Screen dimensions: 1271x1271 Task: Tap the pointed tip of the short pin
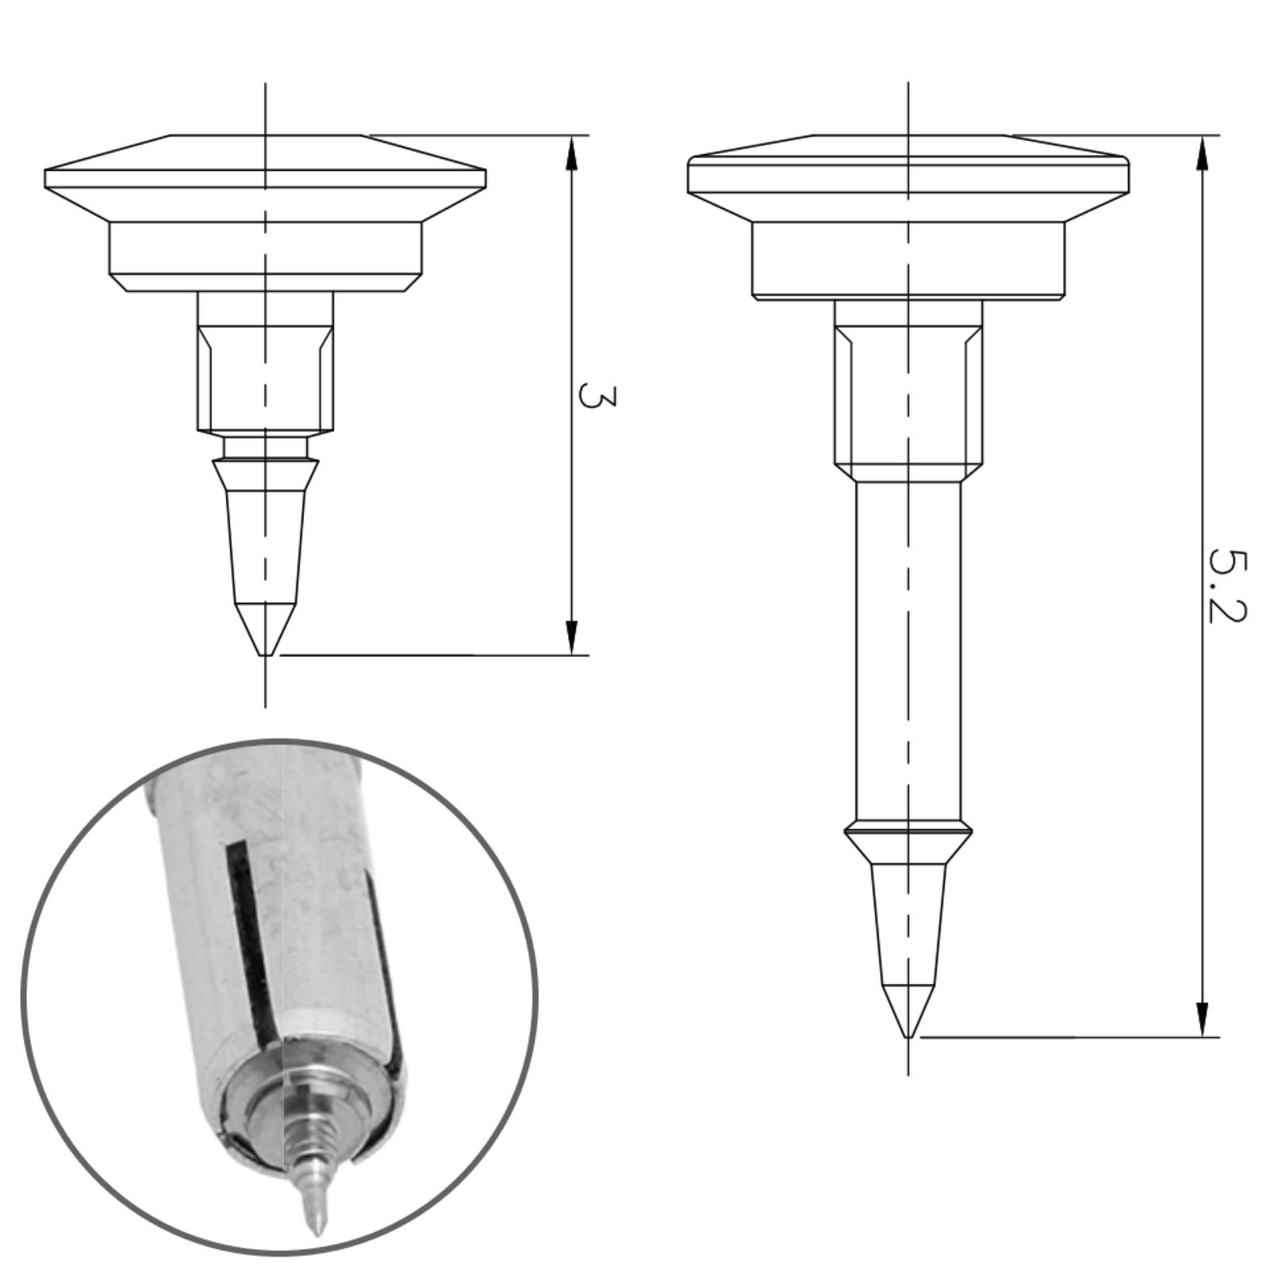(266, 655)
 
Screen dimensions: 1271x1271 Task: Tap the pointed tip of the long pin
(908, 1036)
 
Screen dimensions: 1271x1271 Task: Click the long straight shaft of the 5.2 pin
(908, 651)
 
